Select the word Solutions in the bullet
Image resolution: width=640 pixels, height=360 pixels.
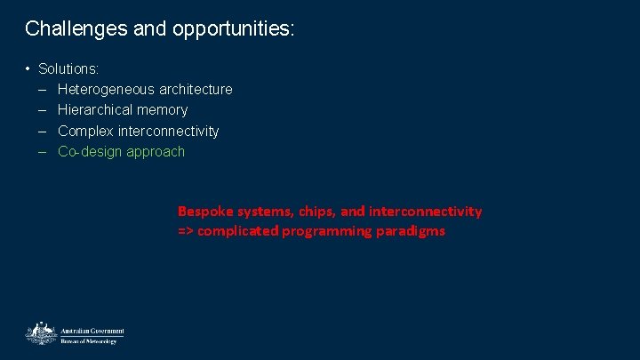(x=68, y=68)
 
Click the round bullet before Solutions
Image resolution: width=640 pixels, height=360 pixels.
(x=28, y=68)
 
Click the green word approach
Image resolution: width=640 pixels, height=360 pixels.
(x=156, y=151)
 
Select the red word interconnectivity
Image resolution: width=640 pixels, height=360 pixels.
(x=425, y=212)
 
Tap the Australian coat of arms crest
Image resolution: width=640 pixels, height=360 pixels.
(x=40, y=333)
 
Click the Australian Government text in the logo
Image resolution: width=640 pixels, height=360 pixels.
(x=92, y=331)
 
